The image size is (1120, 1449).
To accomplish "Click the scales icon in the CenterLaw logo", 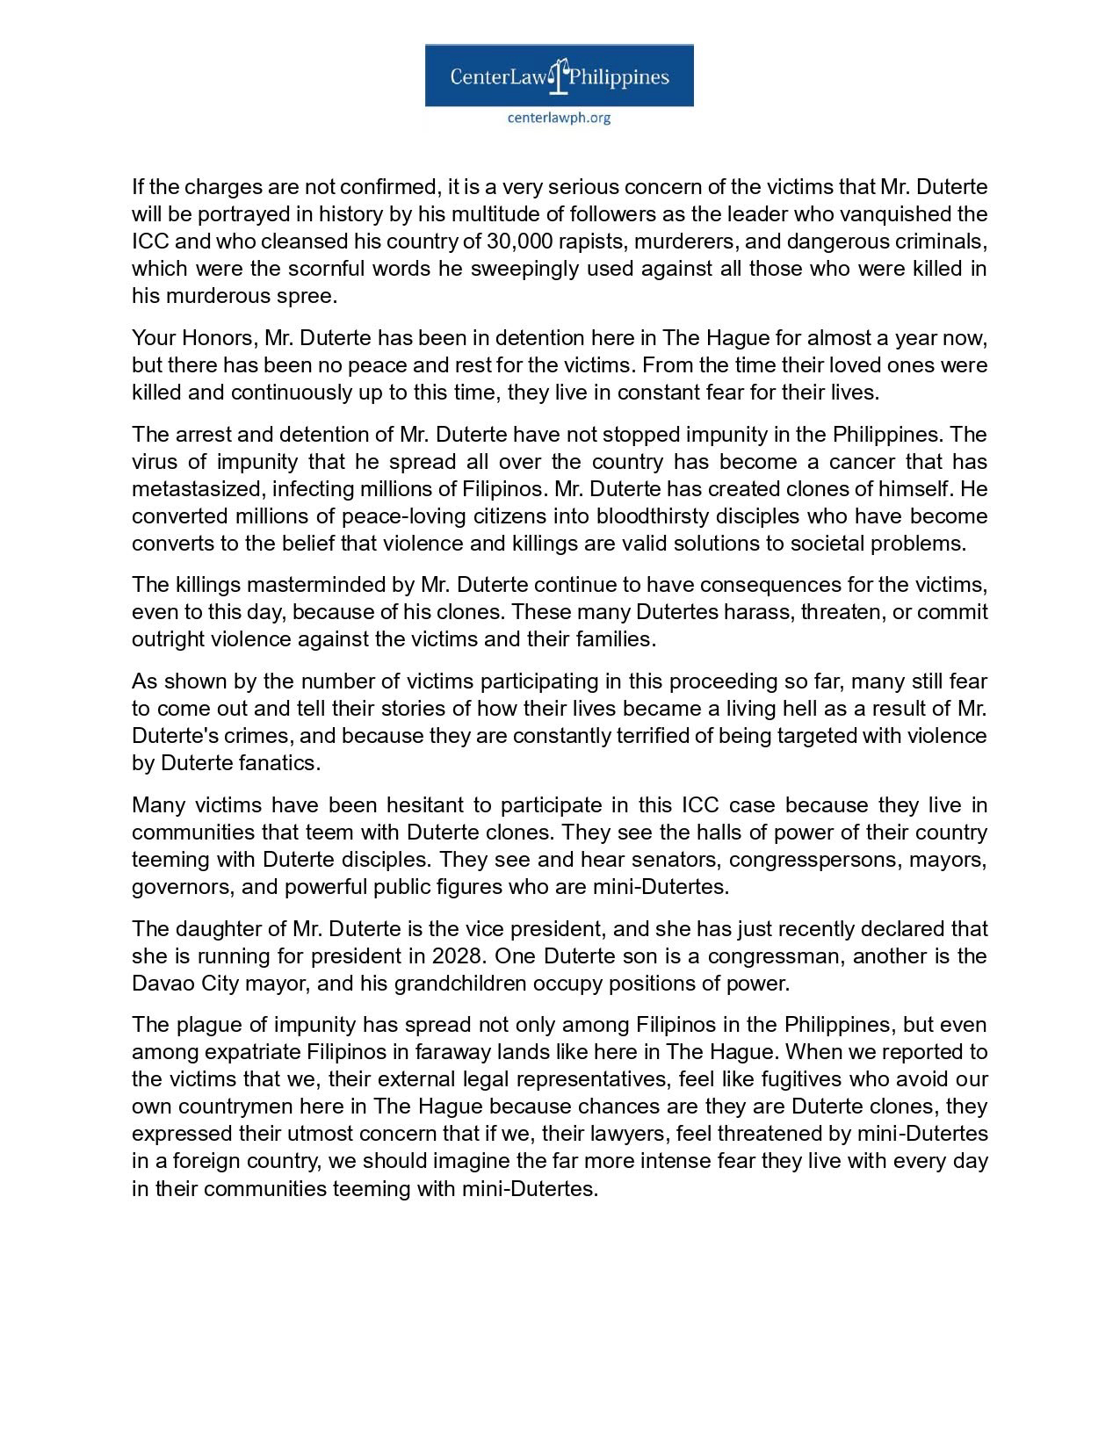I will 559,76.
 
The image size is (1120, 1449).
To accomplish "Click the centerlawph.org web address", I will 559,118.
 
